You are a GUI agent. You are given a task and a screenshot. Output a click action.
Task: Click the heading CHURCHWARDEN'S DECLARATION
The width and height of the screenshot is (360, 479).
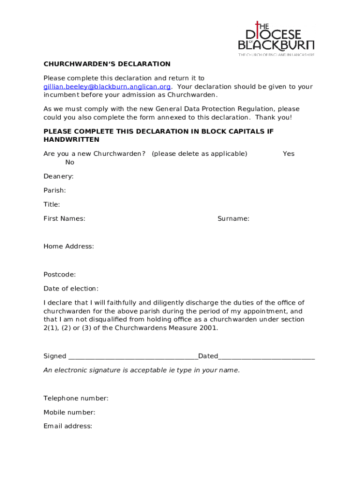[x=107, y=64]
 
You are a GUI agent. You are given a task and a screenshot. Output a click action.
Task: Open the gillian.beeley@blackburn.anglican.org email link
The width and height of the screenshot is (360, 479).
[x=107, y=87]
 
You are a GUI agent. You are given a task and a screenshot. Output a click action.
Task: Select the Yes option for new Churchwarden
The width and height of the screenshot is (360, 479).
[x=288, y=154]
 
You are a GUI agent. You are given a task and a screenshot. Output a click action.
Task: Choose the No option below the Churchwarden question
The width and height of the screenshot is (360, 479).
[x=70, y=162]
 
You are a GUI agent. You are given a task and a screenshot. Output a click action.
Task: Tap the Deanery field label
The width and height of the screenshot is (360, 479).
[x=58, y=176]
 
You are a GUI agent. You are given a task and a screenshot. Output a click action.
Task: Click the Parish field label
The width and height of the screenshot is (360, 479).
[x=55, y=190]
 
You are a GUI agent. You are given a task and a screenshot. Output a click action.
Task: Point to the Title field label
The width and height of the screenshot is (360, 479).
[x=52, y=204]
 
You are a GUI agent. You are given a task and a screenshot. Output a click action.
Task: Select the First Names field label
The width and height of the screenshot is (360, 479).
[x=65, y=218]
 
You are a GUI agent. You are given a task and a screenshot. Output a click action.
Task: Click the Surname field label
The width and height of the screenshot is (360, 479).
[x=233, y=218]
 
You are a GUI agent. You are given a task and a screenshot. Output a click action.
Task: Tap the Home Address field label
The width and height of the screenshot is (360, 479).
[x=69, y=247]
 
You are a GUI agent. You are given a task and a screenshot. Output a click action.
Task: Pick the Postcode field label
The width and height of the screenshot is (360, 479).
[x=60, y=275]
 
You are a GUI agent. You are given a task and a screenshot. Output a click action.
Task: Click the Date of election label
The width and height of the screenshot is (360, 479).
[x=71, y=289]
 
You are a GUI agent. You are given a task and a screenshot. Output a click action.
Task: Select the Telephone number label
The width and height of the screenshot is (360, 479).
[x=76, y=399]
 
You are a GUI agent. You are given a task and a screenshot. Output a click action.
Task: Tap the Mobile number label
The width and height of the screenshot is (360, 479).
[x=70, y=413]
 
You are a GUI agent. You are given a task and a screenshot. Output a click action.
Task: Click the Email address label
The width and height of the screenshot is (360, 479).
[x=68, y=427]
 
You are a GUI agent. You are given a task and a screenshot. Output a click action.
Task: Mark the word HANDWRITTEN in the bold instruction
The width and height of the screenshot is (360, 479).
[x=72, y=140]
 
